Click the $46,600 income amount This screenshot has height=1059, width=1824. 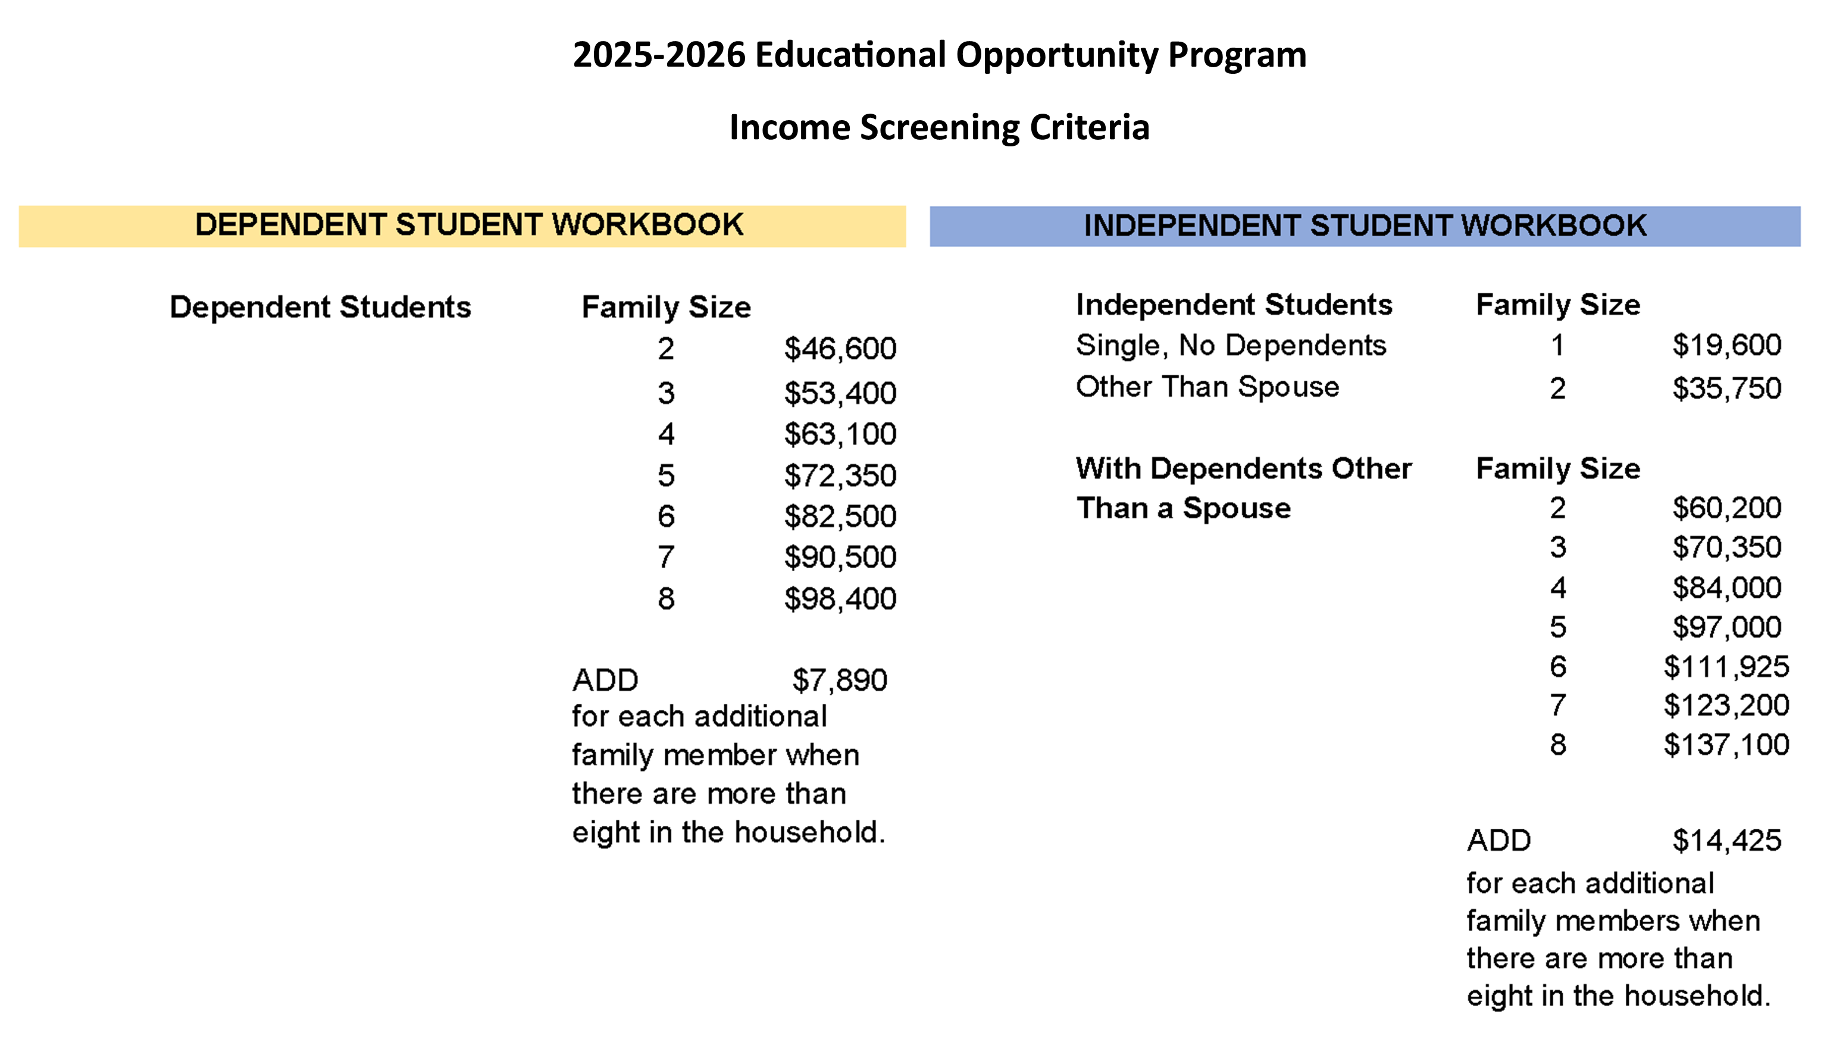coord(840,349)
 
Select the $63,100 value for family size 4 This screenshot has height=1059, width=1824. coord(840,434)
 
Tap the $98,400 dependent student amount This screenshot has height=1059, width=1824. coord(840,599)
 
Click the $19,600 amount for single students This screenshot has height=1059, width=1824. coord(1726,345)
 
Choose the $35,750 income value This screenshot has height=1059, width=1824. coord(1726,388)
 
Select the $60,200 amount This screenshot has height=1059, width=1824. coord(1726,508)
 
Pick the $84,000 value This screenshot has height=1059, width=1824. coord(1726,588)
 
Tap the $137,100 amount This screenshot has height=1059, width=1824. coord(1726,745)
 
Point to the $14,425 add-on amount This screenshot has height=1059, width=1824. coord(1726,841)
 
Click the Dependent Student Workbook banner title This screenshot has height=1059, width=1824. coord(469,225)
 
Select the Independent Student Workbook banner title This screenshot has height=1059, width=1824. coord(1365,226)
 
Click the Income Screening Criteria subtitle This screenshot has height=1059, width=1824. coord(939,127)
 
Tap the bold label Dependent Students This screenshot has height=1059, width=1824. coord(320,307)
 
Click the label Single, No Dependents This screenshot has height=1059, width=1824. coord(1231,345)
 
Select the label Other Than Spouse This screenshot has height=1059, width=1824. coord(1207,387)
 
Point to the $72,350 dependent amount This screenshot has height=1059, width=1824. coord(840,475)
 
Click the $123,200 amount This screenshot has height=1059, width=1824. coord(1726,705)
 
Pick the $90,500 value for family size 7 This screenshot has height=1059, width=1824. coord(840,557)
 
